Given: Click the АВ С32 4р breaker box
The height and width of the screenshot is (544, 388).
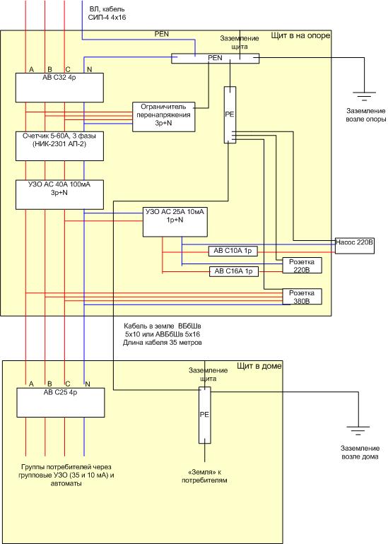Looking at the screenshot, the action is pyautogui.click(x=59, y=88).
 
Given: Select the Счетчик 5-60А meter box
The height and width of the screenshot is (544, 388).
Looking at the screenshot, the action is pyautogui.click(x=59, y=146).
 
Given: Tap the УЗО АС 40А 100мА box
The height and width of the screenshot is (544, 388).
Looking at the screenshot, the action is pyautogui.click(x=59, y=194).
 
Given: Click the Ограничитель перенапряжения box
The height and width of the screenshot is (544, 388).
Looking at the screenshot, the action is pyautogui.click(x=163, y=117).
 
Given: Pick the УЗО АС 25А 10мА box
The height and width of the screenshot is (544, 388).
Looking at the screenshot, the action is pyautogui.click(x=175, y=222).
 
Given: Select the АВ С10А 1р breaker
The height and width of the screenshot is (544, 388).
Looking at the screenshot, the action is pyautogui.click(x=233, y=252).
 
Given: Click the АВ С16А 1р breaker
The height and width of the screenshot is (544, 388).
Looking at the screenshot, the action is pyautogui.click(x=234, y=271).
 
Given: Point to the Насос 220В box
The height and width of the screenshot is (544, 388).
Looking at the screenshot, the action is pyautogui.click(x=354, y=246).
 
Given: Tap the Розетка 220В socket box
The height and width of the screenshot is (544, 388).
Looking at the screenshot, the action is pyautogui.click(x=302, y=266).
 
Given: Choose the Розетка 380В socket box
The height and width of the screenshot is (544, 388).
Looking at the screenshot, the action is pyautogui.click(x=302, y=297).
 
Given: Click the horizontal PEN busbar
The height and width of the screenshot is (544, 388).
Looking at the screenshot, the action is pyautogui.click(x=215, y=58).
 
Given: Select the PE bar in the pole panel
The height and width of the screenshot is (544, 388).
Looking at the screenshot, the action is pyautogui.click(x=230, y=115).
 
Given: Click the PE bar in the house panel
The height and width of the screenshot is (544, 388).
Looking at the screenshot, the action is pyautogui.click(x=204, y=415).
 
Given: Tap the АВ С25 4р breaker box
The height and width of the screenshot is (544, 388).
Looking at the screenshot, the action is pyautogui.click(x=61, y=403).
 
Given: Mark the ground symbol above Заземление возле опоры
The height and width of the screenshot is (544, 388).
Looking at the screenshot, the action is pyautogui.click(x=364, y=96).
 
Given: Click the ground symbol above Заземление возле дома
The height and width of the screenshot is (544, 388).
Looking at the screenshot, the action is pyautogui.click(x=358, y=430).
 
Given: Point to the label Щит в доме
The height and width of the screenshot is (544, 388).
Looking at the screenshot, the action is pyautogui.click(x=259, y=366).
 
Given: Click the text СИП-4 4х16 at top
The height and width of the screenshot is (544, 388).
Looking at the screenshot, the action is pyautogui.click(x=107, y=18).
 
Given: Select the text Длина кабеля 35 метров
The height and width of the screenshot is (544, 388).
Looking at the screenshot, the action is pyautogui.click(x=163, y=343).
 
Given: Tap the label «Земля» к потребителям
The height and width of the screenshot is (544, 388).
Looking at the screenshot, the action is pyautogui.click(x=204, y=476).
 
